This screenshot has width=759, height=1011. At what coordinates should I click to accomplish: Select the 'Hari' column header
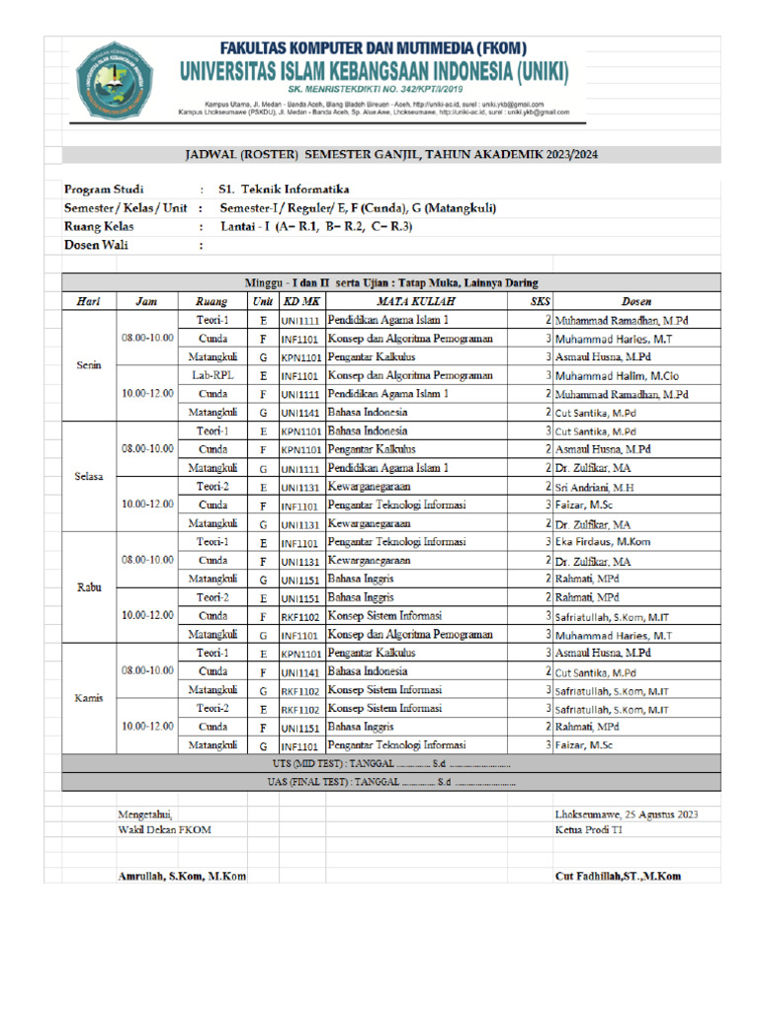89,301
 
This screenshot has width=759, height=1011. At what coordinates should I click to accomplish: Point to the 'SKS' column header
538,301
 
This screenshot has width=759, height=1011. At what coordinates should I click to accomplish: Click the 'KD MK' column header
300,301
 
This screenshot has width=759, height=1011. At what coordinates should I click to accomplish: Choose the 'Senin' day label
89,365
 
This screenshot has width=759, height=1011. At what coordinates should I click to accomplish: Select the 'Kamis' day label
89,698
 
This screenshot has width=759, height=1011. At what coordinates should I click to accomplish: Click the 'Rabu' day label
89,587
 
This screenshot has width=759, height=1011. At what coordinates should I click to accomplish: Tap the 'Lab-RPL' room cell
212,375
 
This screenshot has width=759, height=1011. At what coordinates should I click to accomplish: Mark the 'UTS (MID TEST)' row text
390,764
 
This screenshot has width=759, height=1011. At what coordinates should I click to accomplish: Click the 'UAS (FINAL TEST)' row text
390,782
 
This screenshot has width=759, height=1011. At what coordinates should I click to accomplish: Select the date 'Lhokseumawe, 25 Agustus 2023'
627,815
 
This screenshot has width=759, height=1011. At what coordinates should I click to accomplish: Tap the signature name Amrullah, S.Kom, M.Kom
182,877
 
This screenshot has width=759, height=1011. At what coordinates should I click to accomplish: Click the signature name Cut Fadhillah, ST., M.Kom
618,877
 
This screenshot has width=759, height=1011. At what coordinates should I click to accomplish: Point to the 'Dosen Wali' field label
96,246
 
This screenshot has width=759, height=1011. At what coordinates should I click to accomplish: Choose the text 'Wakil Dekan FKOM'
164,830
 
